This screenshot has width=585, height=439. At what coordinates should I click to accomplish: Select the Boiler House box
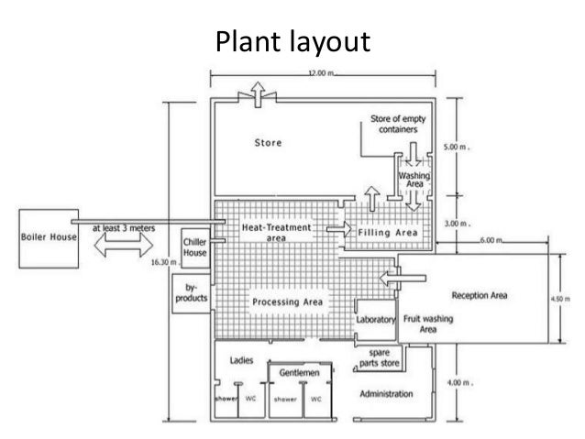point(49,236)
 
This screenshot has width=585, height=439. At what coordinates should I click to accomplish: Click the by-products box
point(192,292)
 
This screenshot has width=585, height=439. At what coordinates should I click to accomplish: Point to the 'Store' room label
point(268,143)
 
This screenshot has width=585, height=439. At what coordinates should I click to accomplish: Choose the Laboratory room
point(375,320)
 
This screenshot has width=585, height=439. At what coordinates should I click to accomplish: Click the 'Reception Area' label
point(480,296)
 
